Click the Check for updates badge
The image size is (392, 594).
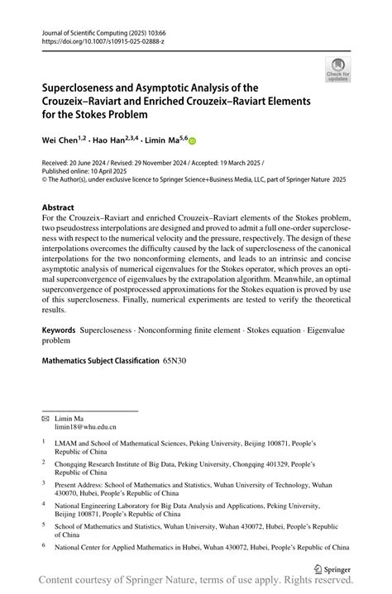[x=337, y=70]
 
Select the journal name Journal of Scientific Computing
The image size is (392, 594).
[x=79, y=30]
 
